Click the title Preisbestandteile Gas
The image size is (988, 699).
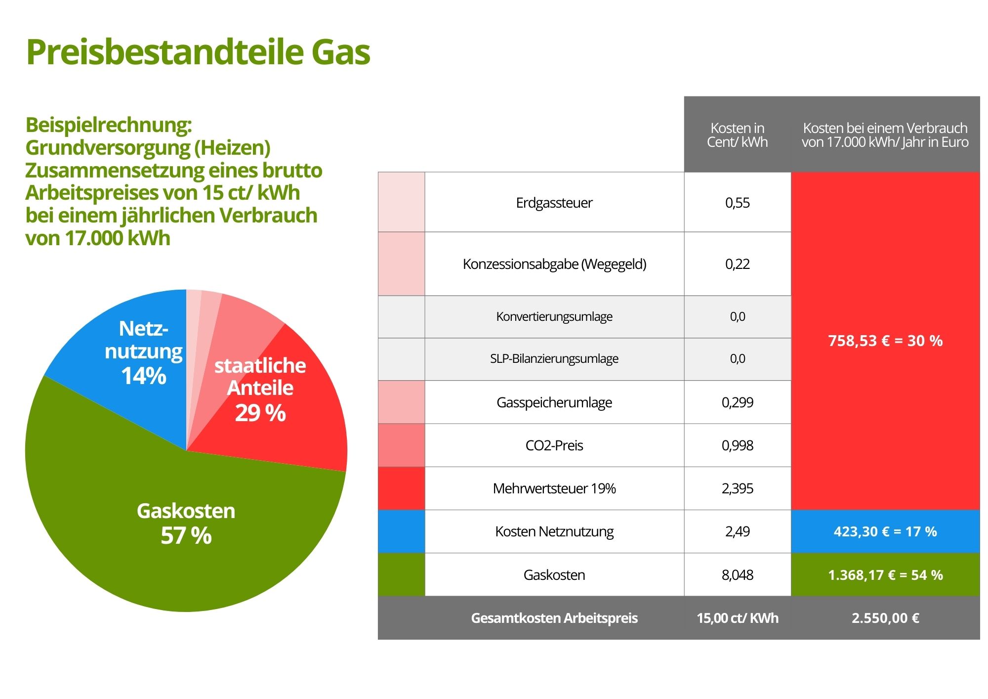coord(198,52)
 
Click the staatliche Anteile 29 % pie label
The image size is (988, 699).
coord(260,389)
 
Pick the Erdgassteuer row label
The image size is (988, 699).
coord(554,203)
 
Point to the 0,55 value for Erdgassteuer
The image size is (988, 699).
coord(737,203)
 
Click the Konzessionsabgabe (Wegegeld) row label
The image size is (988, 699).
coord(554,264)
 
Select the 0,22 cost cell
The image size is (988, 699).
coord(737,264)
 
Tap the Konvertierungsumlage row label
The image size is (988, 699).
coord(554,316)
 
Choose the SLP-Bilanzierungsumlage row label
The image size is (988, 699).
coord(554,359)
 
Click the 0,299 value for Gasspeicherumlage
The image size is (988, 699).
coord(737,402)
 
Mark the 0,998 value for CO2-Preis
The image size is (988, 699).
coord(737,445)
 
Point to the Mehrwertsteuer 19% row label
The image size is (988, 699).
coord(554,488)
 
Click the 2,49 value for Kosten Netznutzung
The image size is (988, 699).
coord(737,531)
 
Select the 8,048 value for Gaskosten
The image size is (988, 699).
coord(737,575)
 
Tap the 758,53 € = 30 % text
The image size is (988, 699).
coord(885,341)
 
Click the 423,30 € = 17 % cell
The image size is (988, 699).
coord(885,531)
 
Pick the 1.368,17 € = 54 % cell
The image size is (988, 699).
coord(885,575)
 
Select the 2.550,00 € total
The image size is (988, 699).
coord(885,618)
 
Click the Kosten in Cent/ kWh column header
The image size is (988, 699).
coord(737,135)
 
